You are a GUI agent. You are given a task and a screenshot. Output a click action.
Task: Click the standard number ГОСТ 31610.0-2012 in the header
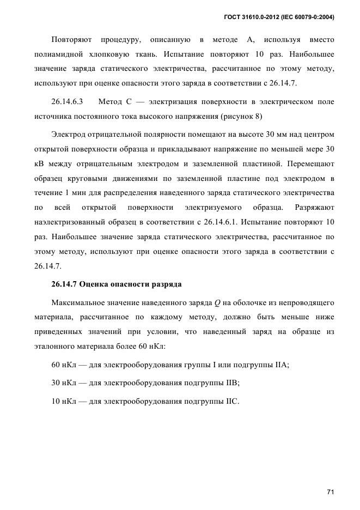tap(253, 17)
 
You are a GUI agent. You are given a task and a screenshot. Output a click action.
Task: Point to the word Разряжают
tap(314, 207)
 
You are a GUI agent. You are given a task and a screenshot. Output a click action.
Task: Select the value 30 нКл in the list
tap(63, 383)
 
